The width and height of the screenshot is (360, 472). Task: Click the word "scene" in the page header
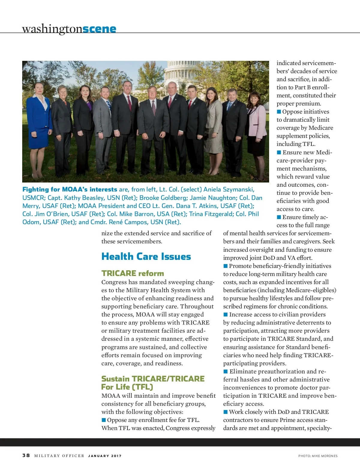pyautogui.click(x=99, y=29)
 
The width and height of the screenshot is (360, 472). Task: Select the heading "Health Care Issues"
pyautogui.click(x=146, y=257)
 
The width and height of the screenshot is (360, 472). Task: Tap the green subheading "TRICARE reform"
pyautogui.click(x=133, y=273)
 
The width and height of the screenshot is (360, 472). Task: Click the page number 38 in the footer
pyautogui.click(x=26, y=456)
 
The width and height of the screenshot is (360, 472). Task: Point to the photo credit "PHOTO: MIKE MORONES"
pyautogui.click(x=318, y=456)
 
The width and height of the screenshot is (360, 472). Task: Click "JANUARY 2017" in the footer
pyautogui.click(x=105, y=456)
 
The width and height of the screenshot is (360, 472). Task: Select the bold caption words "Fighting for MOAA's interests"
pyautogui.click(x=70, y=189)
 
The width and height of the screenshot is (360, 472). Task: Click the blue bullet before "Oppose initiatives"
pyautogui.click(x=279, y=112)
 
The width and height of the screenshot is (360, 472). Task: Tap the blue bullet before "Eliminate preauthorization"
pyautogui.click(x=226, y=372)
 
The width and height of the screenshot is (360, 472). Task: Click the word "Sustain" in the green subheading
pyautogui.click(x=115, y=379)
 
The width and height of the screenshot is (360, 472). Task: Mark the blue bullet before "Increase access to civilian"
pyautogui.click(x=226, y=315)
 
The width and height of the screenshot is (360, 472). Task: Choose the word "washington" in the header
pyautogui.click(x=52, y=29)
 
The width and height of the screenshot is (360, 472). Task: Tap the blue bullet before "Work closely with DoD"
pyautogui.click(x=226, y=412)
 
